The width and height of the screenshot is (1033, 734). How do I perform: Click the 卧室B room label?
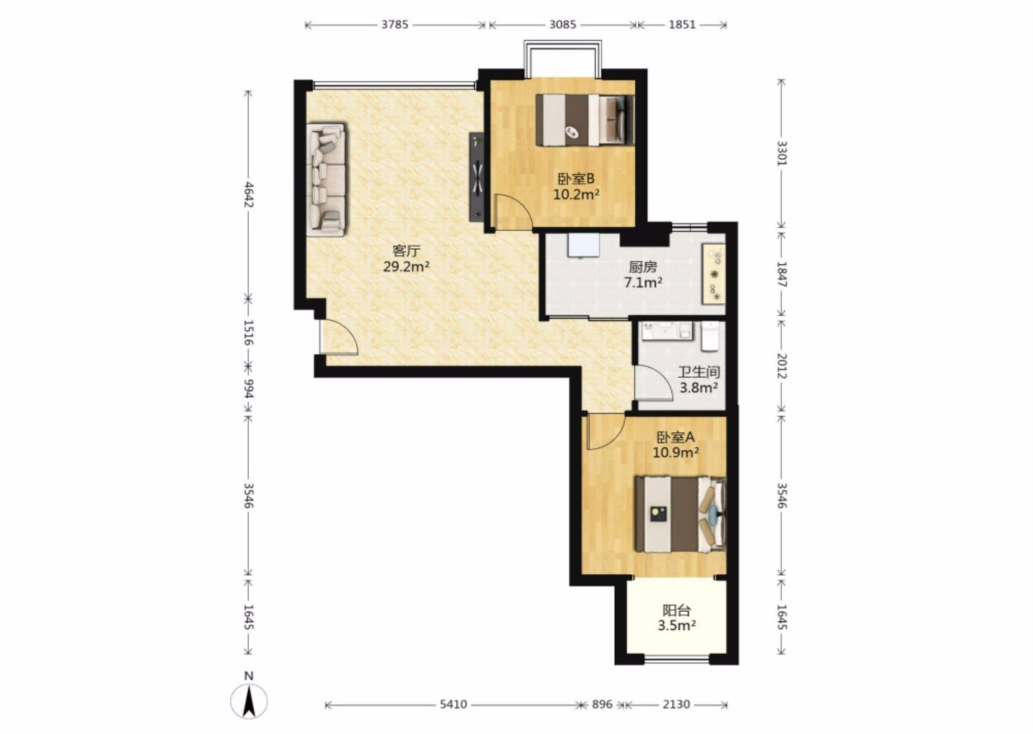(576, 178)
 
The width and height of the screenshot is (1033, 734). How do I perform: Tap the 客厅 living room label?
(406, 251)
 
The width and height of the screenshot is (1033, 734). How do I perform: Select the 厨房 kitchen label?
(643, 267)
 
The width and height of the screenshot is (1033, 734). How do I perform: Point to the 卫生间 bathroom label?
(699, 372)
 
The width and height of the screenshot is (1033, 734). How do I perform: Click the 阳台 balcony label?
(676, 611)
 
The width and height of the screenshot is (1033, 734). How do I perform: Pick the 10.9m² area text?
(676, 452)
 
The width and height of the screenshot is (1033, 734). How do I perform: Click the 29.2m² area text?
(407, 267)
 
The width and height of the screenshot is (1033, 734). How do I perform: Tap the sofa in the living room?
(326, 178)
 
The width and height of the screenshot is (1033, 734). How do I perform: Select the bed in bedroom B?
(585, 120)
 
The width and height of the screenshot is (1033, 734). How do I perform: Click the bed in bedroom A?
(680, 514)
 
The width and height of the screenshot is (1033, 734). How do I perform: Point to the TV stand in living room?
(477, 176)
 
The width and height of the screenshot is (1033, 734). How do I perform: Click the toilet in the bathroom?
(710, 336)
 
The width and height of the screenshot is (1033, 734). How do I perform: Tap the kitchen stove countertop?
(713, 274)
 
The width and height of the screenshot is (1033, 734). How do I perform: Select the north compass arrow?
(249, 701)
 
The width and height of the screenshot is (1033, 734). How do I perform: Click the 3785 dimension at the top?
(395, 24)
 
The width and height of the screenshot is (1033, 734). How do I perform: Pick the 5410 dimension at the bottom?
(453, 704)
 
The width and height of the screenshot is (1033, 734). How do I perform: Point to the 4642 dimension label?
(248, 194)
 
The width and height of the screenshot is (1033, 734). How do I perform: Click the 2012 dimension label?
(781, 366)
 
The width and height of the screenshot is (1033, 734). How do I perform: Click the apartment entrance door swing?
(340, 337)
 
